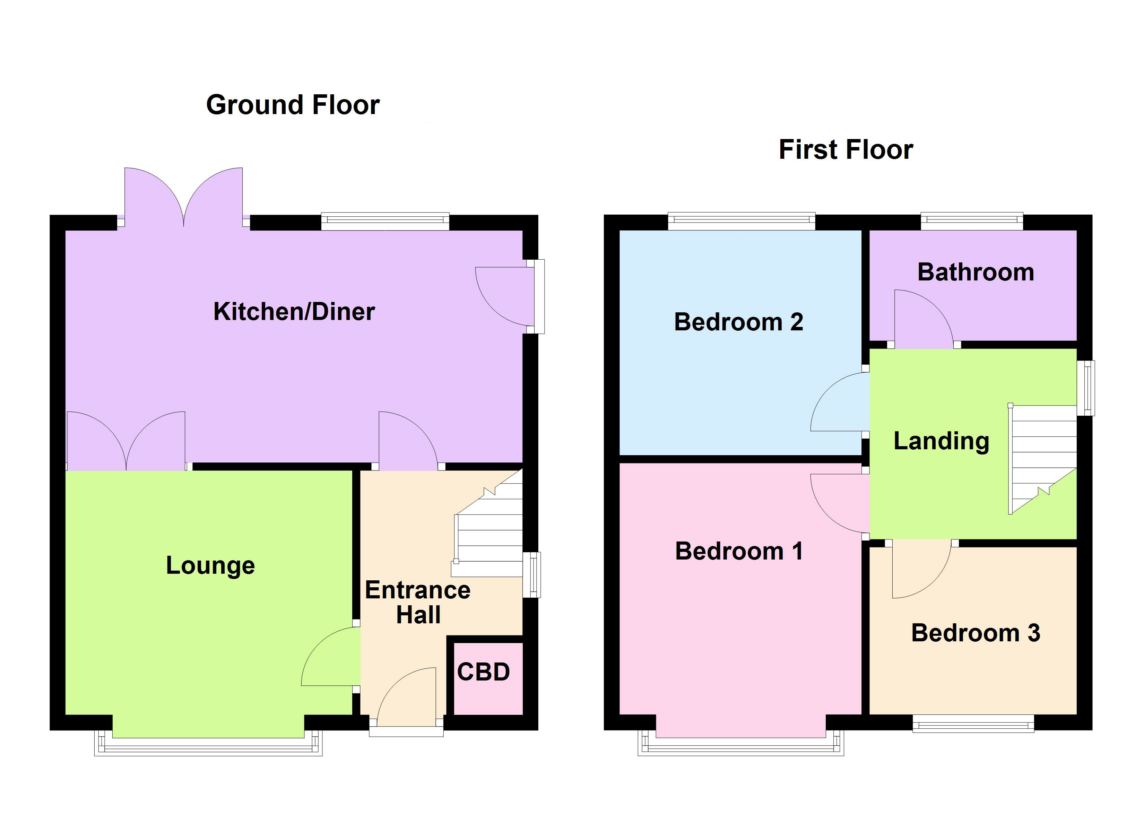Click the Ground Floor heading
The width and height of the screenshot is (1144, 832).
coord(293,105)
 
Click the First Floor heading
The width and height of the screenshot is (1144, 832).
coord(846,150)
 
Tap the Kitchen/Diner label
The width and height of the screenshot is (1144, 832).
coord(294,311)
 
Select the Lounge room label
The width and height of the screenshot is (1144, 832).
coord(210,565)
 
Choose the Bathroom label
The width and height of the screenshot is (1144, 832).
coord(976,272)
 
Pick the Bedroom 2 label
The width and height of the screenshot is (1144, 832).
coord(738,322)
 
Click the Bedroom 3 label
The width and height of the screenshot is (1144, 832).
coord(976,633)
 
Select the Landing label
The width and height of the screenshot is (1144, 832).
coord(941,441)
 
